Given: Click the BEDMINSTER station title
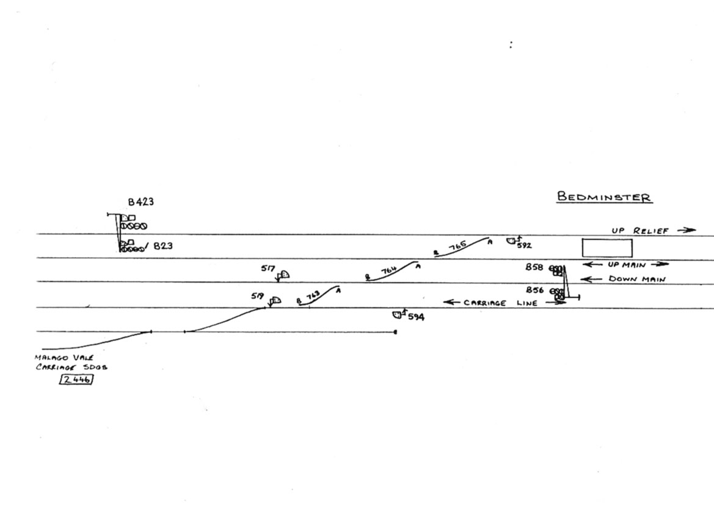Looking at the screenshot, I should coord(604,197).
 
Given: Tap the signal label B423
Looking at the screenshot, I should coord(141,202).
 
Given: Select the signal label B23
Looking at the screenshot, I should coord(162,246).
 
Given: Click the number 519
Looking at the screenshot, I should coord(257,296).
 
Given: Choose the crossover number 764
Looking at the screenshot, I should coord(389,271).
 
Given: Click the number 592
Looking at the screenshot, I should coord(524,245).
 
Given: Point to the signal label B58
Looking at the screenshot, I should coord(534,267).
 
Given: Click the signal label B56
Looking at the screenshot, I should coord(534,290).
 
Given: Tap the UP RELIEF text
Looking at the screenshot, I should coord(640,231).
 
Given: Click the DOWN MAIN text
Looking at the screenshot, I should coord(636,279).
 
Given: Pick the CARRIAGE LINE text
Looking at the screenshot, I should coord(500,303).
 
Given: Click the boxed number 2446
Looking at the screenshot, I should coord(76,380).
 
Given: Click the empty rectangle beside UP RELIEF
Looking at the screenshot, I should coord(607,247).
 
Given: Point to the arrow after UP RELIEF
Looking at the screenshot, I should coord(687,230).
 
